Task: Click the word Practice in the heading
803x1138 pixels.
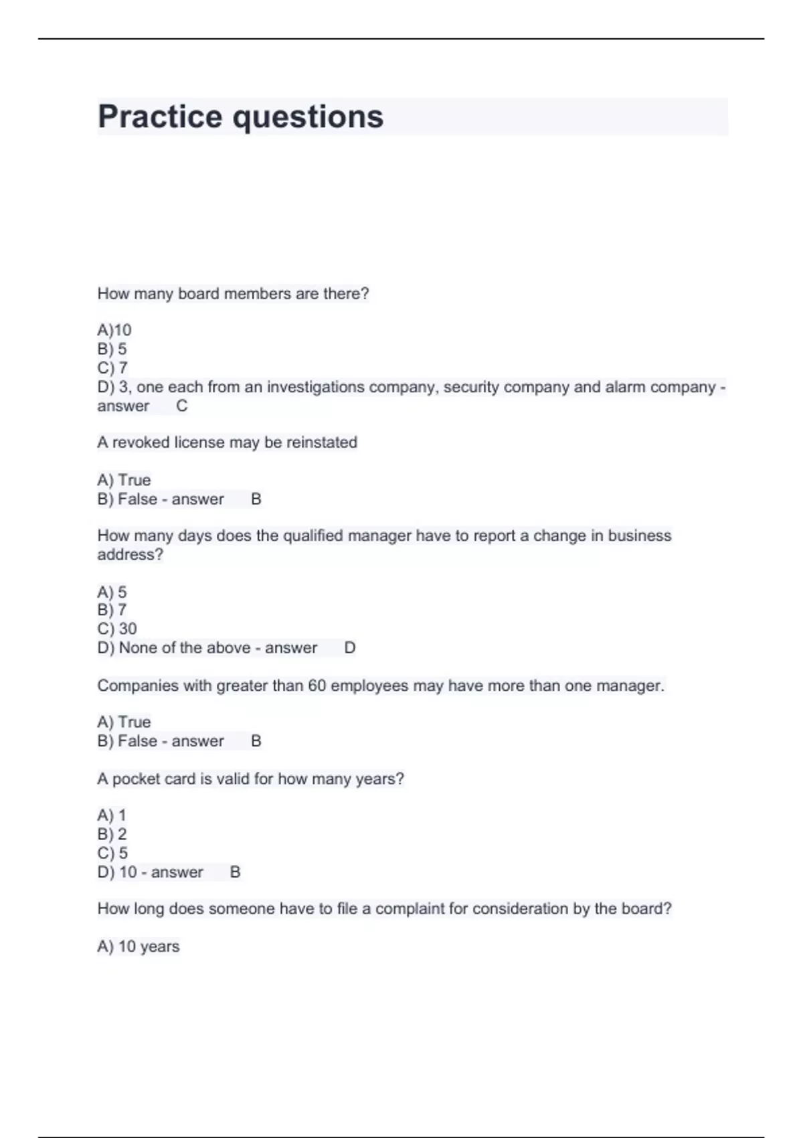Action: point(160,116)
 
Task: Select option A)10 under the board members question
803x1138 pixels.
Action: point(114,330)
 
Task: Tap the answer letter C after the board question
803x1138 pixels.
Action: point(181,406)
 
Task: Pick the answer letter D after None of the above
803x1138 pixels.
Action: point(349,648)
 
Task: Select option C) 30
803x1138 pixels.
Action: point(117,629)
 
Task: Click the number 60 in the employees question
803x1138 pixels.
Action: point(317,685)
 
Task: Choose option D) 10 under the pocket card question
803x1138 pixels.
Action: point(117,872)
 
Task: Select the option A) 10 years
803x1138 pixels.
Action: point(139,947)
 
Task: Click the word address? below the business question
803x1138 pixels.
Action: point(130,555)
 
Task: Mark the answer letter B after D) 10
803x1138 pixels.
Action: point(235,872)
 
